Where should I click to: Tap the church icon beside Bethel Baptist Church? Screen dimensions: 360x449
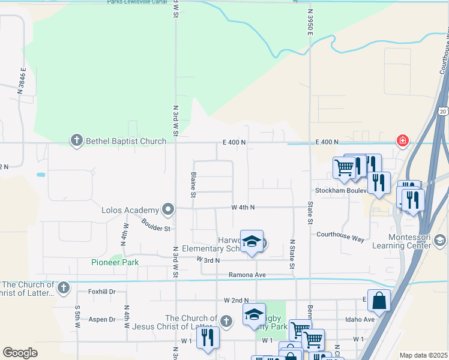pos(76,141)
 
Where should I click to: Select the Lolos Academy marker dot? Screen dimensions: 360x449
pos(168,209)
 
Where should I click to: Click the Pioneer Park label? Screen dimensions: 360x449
pos(115,262)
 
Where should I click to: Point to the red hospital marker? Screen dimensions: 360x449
pos(402,140)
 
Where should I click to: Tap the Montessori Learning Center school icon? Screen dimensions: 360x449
pos(439,241)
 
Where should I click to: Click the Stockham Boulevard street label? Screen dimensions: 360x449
pos(340,191)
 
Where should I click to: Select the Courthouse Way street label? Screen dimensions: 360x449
pos(340,236)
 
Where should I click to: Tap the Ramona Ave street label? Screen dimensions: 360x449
pos(247,275)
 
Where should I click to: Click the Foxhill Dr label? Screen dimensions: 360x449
pos(101,292)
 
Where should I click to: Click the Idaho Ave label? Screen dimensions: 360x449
pos(360,319)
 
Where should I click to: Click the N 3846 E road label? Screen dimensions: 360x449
pos(22,81)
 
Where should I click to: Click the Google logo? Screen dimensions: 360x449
pos(20,353)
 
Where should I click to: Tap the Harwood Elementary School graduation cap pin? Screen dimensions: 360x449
pos(252,241)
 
